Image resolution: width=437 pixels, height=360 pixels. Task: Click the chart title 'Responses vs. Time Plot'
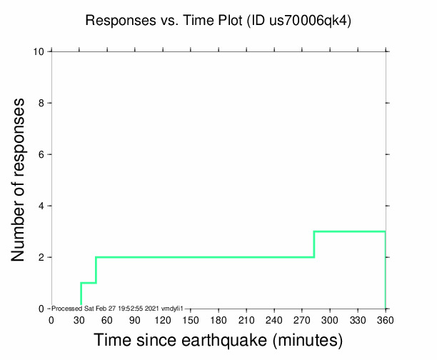[x=164, y=21]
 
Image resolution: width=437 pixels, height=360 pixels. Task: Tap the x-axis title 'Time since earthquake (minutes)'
[x=218, y=339]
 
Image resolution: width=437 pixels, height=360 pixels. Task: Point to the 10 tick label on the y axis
[x=39, y=51]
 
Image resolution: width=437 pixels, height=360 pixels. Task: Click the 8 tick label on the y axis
[x=42, y=103]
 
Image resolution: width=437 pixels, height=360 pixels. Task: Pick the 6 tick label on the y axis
[x=42, y=154]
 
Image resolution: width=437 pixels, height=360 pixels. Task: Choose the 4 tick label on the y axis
[x=42, y=206]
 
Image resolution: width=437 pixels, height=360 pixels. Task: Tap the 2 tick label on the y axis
[x=42, y=257]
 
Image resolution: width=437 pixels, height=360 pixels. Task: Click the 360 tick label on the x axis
[x=386, y=320]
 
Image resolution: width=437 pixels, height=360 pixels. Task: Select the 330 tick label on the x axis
[x=358, y=320]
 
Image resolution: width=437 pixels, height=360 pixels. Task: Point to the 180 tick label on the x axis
[x=218, y=320]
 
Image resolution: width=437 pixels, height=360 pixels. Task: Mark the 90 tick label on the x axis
[x=135, y=320]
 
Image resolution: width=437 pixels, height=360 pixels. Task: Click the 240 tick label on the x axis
[x=274, y=320]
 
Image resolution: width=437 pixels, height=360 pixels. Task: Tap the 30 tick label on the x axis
[x=79, y=320]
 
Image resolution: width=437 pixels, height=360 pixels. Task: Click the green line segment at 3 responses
[x=350, y=231]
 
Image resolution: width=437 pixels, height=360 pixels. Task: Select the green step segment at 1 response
[x=88, y=283]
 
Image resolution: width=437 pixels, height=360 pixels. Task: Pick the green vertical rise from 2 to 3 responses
[x=314, y=244]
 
